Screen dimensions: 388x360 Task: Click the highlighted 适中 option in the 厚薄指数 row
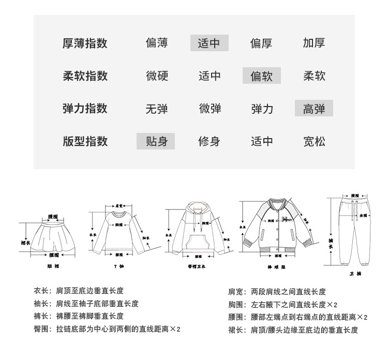210,43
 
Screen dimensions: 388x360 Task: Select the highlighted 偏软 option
262,77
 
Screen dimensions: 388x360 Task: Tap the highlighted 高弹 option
314,109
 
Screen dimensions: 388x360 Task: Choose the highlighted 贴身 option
156,141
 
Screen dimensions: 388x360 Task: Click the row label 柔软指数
85,77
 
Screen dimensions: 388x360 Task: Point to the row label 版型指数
85,141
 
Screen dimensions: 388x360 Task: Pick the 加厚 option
314,43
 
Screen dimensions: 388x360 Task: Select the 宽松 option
314,141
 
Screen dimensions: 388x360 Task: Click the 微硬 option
157,77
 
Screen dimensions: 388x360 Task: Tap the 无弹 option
157,109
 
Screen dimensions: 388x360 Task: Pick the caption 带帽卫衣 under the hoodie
197,267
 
